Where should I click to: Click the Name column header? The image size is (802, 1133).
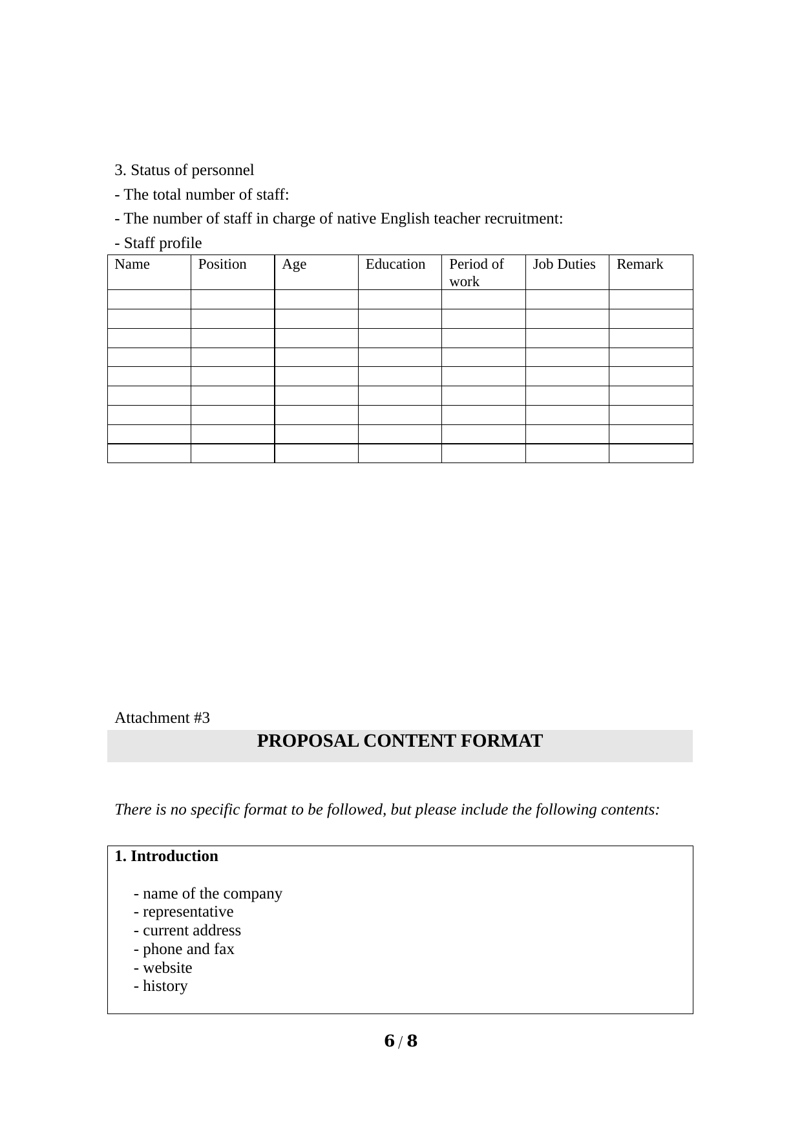pos(132,264)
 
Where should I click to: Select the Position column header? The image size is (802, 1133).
pos(222,264)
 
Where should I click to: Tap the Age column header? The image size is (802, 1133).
pos(294,264)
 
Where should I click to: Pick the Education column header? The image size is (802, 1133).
pos(395,264)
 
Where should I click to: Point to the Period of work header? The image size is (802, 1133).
pos(476,273)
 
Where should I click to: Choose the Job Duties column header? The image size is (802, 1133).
pos(564,264)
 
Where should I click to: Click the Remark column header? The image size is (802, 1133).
pos(639,264)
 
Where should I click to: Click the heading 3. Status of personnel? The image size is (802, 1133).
pos(184,170)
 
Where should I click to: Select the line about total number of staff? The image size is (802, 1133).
pos(202,194)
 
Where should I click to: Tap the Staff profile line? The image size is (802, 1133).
pos(158,243)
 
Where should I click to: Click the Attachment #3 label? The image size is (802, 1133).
pos(162,718)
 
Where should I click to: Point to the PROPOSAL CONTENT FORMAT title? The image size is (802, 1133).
pos(399,741)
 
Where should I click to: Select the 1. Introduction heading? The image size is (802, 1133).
pos(166,857)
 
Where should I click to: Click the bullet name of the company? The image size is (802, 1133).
pos(207,893)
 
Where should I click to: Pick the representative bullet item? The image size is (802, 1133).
pos(184,911)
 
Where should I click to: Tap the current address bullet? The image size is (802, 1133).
pos(187,930)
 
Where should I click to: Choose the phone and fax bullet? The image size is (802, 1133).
pos(184,949)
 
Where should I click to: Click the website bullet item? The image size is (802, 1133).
pos(163,968)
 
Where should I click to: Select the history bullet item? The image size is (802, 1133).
pos(160,986)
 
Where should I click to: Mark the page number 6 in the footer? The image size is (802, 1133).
pos(389,1041)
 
